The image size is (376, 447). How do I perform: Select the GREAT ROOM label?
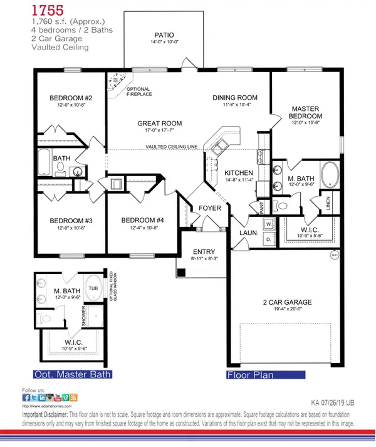pyautogui.click(x=160, y=124)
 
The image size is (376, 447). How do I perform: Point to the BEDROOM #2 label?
pyautogui.click(x=71, y=98)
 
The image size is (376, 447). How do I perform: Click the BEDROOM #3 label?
pyautogui.click(x=71, y=221)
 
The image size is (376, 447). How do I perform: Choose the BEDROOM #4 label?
pyautogui.click(x=142, y=221)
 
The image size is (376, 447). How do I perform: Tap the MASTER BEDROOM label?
pyautogui.click(x=306, y=112)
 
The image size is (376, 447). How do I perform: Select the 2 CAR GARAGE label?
pyautogui.click(x=288, y=302)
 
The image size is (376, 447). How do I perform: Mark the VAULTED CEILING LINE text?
pyautogui.click(x=172, y=147)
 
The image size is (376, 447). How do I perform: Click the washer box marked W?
pyautogui.click(x=269, y=223)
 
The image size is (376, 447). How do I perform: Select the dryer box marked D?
pyautogui.click(x=269, y=239)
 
